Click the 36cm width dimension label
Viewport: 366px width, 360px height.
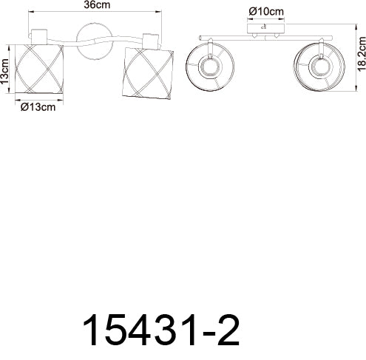pyautogui.click(x=97, y=5)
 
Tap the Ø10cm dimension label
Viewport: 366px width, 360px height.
pyautogui.click(x=266, y=12)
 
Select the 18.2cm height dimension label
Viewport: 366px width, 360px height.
pyautogui.click(x=362, y=54)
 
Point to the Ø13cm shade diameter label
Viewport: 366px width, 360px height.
pyautogui.click(x=38, y=107)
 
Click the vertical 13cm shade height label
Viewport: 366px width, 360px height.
pyautogui.click(x=4, y=72)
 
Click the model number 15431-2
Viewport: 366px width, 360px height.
pyautogui.click(x=161, y=330)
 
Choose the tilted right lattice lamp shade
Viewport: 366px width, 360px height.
pyautogui.click(x=148, y=74)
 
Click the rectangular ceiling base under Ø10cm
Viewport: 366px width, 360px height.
pyautogui.click(x=266, y=28)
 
